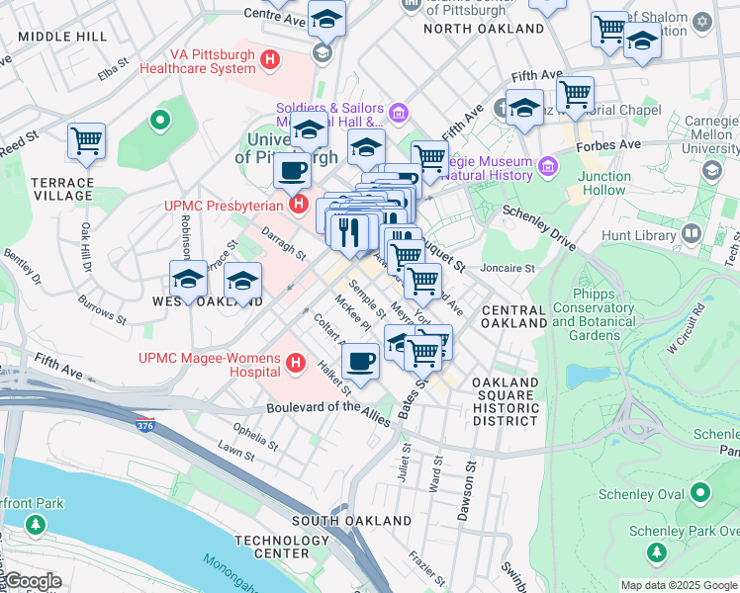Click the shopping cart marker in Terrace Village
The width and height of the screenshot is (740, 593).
87,141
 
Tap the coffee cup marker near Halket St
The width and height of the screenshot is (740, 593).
361,361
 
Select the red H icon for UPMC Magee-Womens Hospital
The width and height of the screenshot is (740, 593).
294,365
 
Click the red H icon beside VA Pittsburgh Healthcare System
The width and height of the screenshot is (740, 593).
268,61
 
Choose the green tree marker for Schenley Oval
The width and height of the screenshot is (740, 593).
700,491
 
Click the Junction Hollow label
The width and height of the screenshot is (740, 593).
604,183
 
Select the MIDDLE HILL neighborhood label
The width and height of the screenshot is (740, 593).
62,37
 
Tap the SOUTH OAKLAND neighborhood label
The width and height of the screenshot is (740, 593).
351,520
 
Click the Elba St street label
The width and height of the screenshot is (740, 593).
114,71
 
